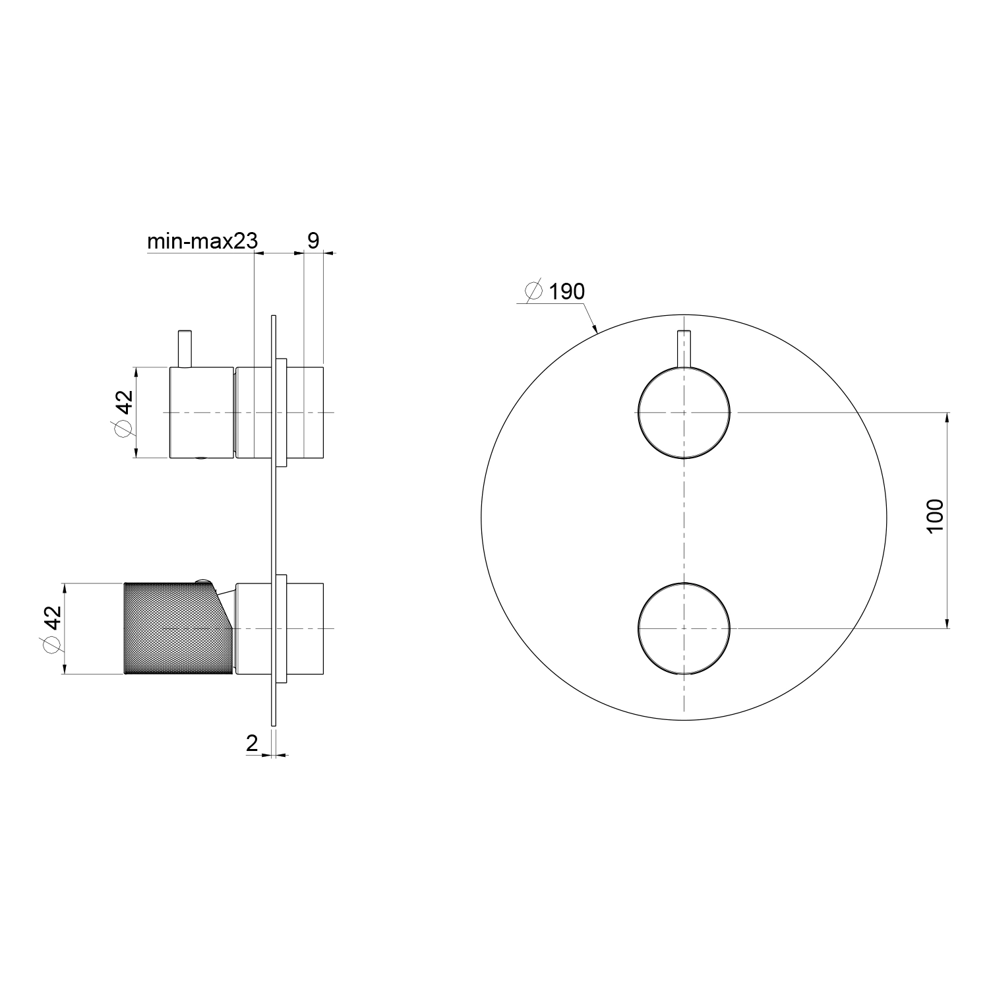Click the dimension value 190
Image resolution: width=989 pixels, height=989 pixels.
[566, 291]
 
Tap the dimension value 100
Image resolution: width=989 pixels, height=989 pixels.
[935, 515]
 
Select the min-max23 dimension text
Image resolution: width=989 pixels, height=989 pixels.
[202, 241]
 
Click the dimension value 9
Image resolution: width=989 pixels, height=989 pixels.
[313, 241]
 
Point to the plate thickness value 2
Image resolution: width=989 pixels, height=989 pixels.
[252, 743]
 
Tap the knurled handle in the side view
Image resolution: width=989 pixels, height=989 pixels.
[178, 628]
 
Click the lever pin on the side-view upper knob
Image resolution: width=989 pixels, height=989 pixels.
[185, 349]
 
